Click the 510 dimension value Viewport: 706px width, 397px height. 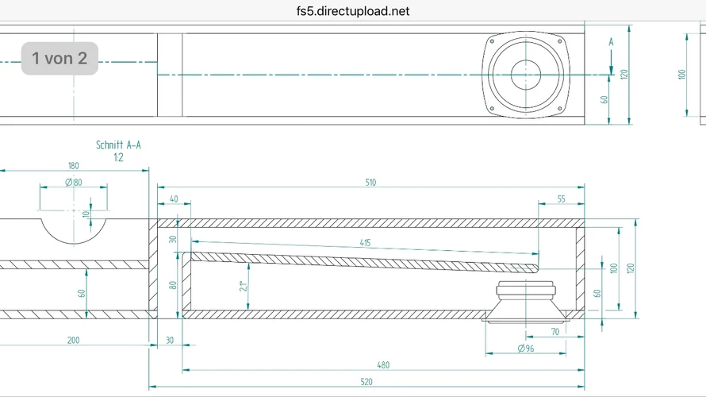click(x=370, y=183)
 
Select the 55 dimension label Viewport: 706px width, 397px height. click(x=562, y=199)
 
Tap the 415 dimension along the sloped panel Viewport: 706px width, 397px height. click(x=364, y=243)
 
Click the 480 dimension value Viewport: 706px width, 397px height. click(x=383, y=365)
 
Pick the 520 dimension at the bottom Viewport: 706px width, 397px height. click(x=367, y=382)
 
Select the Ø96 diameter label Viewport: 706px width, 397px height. click(x=525, y=349)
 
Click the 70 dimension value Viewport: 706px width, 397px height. click(x=554, y=332)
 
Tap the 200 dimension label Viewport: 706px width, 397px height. click(x=73, y=340)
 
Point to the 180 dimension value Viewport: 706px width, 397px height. click(x=73, y=166)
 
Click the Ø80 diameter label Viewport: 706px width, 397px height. click(x=73, y=183)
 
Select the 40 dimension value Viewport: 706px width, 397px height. click(x=174, y=199)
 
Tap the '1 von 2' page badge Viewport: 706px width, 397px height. click(x=59, y=58)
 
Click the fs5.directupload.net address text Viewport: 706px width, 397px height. click(x=352, y=11)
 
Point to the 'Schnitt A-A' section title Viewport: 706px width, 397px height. click(x=118, y=145)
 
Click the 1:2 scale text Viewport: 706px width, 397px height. click(x=118, y=157)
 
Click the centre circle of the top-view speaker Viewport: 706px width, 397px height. click(x=525, y=75)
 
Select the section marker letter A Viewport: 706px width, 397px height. click(x=611, y=41)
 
